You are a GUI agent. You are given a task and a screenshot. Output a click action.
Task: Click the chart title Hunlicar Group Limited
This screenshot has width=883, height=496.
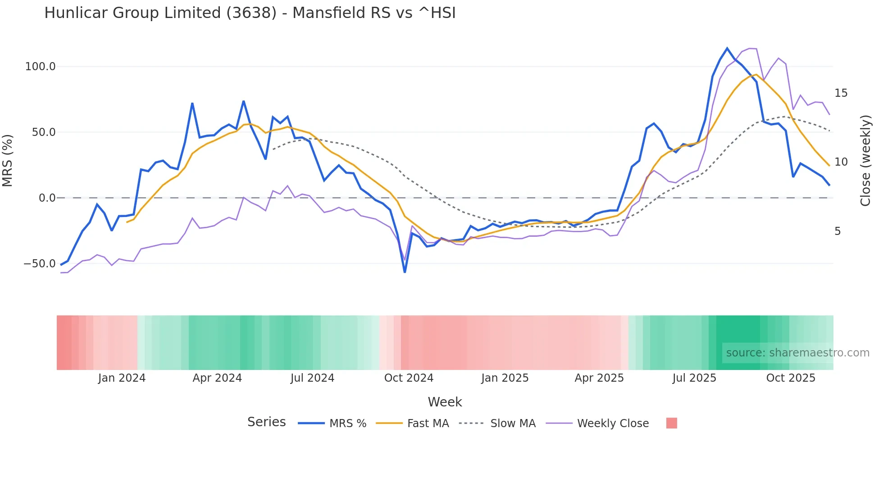(250, 13)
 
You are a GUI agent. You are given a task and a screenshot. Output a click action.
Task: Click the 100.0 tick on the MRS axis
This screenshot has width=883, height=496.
(40, 67)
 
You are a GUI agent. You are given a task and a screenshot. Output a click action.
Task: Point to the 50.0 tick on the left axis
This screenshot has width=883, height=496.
(43, 132)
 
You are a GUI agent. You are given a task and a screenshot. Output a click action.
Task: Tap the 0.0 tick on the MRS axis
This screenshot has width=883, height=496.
(47, 198)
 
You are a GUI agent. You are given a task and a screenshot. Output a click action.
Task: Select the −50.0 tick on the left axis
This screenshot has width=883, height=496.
(39, 264)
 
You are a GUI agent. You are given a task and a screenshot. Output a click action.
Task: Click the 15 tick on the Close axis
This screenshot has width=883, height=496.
(841, 93)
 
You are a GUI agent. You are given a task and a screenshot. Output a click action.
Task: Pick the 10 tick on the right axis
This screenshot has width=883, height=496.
(841, 162)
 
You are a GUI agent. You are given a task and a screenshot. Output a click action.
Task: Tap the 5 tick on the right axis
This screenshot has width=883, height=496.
(837, 231)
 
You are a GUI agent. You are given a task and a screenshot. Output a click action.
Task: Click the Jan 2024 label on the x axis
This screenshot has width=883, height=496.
(122, 378)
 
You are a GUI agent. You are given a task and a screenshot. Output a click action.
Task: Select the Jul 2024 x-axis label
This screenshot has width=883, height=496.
(312, 378)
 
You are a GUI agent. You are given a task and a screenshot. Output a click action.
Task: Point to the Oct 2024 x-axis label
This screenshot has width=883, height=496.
(409, 378)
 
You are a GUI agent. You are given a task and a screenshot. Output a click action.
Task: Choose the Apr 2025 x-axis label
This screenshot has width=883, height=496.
(599, 378)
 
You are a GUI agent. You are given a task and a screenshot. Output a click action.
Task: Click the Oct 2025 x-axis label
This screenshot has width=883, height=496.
(791, 378)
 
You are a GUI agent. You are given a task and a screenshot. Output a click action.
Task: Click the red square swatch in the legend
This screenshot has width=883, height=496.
(671, 423)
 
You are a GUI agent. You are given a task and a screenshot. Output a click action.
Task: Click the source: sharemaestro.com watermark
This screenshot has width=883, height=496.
(797, 353)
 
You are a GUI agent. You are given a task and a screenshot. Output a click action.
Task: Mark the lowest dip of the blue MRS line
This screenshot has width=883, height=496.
(405, 272)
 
